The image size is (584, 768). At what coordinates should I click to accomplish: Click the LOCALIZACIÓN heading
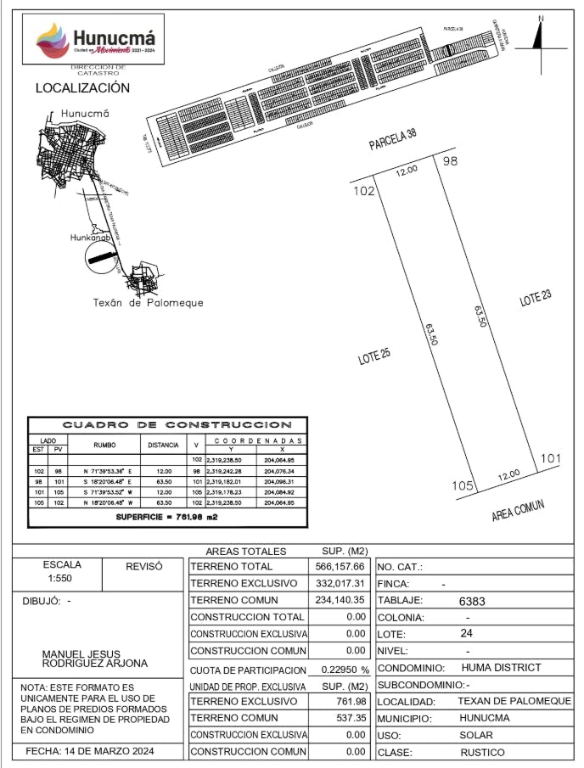pyautogui.click(x=82, y=88)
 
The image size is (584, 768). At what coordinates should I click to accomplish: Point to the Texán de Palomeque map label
pyautogui.click(x=148, y=303)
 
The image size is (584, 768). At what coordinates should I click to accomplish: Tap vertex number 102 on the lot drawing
pyautogui.click(x=363, y=191)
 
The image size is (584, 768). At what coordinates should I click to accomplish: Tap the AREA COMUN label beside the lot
pyautogui.click(x=518, y=511)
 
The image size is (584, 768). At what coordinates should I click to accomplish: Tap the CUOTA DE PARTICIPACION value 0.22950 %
pyautogui.click(x=340, y=670)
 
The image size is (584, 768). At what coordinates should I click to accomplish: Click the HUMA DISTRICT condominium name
pyautogui.click(x=501, y=668)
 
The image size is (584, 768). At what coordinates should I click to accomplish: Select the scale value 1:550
pyautogui.click(x=63, y=577)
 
